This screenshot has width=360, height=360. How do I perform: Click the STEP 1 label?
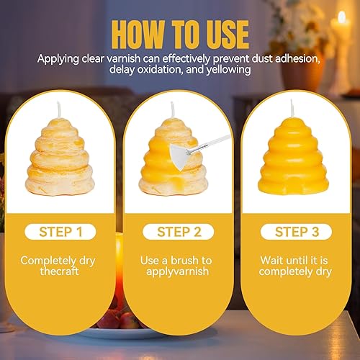click(x=60, y=232)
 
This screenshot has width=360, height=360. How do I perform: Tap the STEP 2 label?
click(x=179, y=232)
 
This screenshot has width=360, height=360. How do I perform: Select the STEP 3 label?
click(x=297, y=232)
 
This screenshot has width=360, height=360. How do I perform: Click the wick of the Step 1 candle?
click(x=59, y=110)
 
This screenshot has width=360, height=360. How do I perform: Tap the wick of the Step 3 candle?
click(x=292, y=108)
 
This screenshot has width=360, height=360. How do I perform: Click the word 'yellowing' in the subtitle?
click(x=229, y=70)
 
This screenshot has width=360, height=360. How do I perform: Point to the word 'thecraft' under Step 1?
click(x=59, y=271)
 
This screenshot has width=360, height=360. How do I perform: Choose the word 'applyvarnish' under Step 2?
click(x=178, y=272)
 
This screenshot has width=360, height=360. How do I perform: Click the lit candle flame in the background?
click(x=341, y=17)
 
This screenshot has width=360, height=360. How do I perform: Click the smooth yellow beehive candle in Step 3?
click(x=293, y=156)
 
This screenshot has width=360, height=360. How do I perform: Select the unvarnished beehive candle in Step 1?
click(x=60, y=156)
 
